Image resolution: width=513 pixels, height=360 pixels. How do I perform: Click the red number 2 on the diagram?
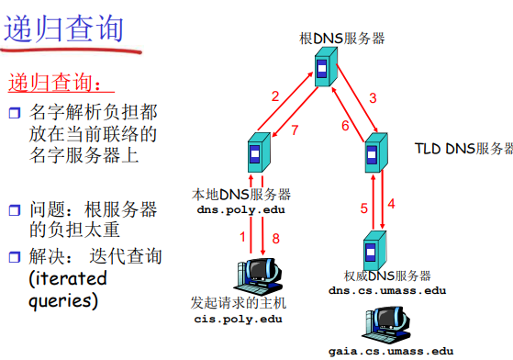pyautogui.click(x=274, y=96)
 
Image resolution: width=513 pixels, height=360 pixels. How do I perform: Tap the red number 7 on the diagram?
pyautogui.click(x=295, y=130)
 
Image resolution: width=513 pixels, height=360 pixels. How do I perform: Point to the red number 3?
pyautogui.click(x=373, y=96)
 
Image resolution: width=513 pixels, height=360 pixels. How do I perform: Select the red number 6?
pyautogui.click(x=345, y=126)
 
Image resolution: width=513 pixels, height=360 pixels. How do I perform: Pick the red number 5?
pyautogui.click(x=363, y=208)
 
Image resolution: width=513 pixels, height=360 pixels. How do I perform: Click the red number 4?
pyautogui.click(x=391, y=203)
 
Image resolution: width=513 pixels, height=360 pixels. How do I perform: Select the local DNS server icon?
pyautogui.click(x=258, y=153)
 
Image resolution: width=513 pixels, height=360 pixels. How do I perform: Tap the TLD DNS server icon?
pyautogui.click(x=373, y=152)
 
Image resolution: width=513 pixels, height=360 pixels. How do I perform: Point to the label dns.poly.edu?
pyautogui.click(x=235, y=210)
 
